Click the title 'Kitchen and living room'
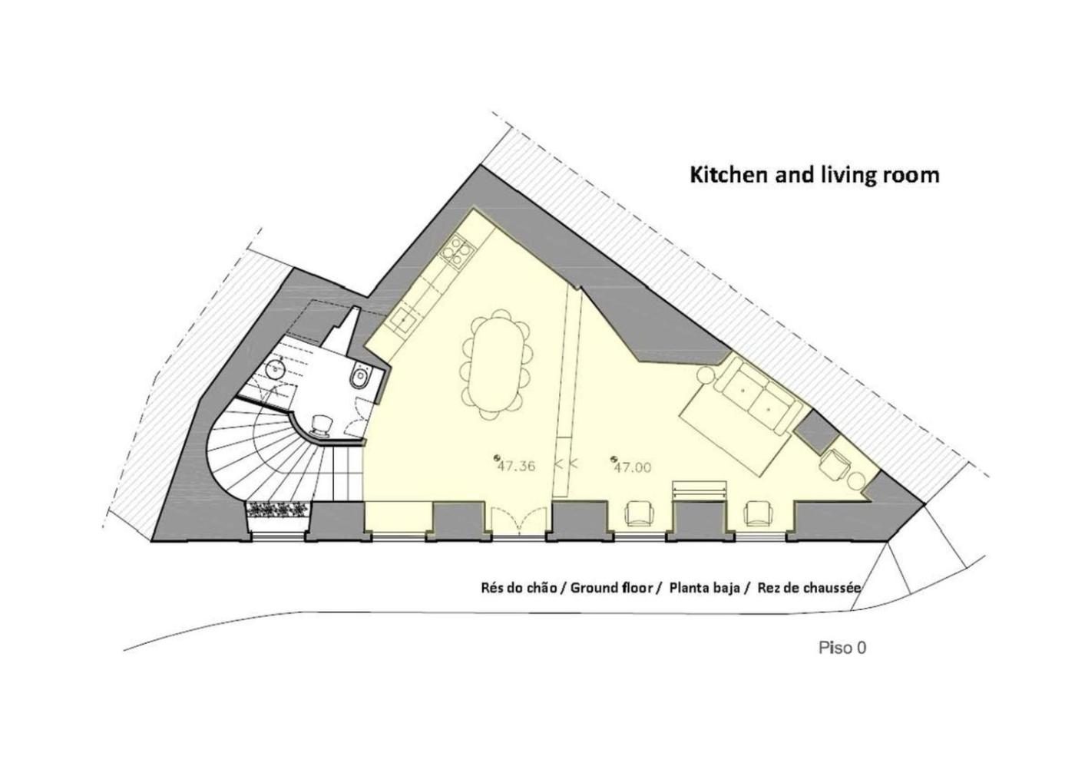pos(815,175)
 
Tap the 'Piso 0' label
pos(842,648)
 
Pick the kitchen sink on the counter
pos(404,319)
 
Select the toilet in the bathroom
pos(360,375)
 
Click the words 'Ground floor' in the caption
pos(611,588)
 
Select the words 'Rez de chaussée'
pos(809,588)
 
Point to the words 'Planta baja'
pos(705,589)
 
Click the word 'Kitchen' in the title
pos(728,175)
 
